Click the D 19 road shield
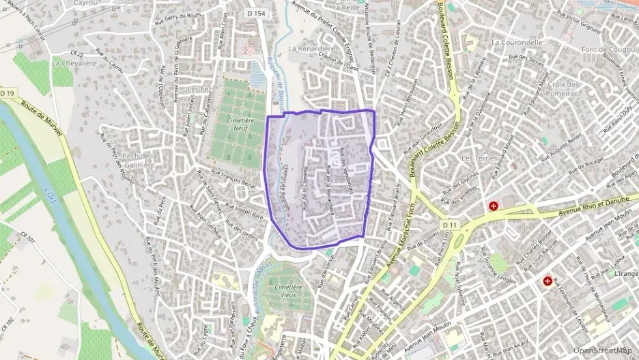pyautogui.click(x=8, y=93)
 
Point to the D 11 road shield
pyautogui.click(x=449, y=225)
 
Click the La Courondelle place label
pyautogui.click(x=516, y=42)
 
